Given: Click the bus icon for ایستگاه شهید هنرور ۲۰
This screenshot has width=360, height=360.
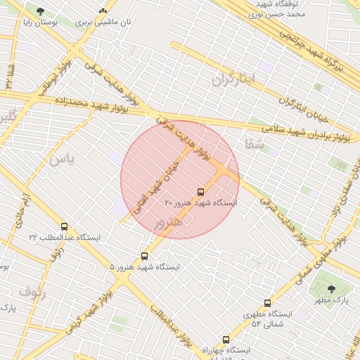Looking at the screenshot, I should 201,191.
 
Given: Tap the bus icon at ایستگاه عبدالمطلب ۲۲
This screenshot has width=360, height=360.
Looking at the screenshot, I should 65,227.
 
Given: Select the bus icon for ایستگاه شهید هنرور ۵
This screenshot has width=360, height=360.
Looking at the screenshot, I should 145,257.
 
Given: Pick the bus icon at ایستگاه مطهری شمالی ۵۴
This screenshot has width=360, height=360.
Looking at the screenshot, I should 267,303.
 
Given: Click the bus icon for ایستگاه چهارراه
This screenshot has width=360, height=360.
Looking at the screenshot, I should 226,339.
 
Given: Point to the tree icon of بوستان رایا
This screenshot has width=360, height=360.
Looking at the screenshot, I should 40,11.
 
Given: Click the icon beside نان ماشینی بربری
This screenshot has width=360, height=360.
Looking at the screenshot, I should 103,11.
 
